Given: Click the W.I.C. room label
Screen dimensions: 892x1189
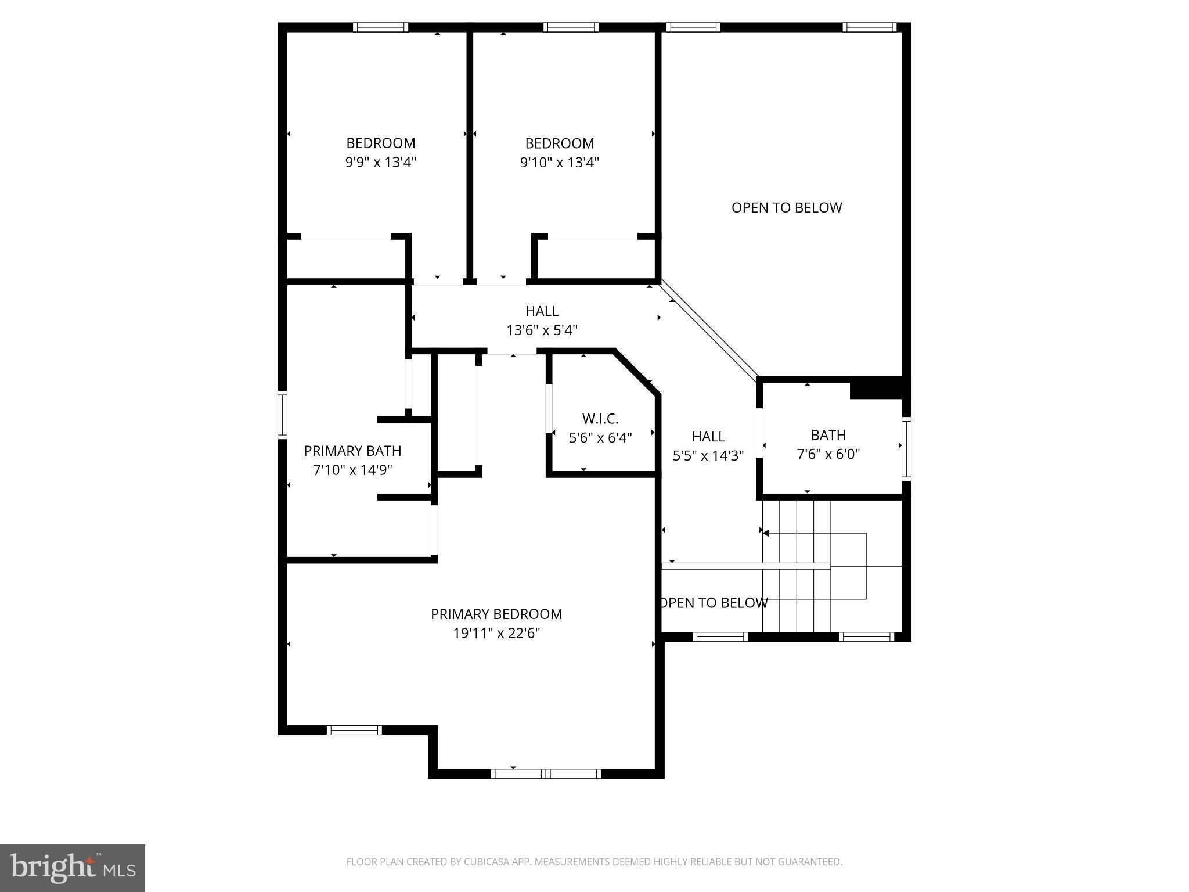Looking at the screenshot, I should tap(600, 419).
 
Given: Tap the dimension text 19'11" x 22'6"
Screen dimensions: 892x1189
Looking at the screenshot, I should tap(496, 633).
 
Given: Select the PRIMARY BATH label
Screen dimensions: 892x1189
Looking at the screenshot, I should tap(352, 451).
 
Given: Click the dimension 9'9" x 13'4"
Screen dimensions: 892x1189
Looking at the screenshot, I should tap(381, 162).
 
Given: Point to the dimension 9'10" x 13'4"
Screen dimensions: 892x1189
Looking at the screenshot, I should tap(559, 162).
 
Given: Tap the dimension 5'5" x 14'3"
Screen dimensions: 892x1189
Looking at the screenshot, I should tap(708, 456).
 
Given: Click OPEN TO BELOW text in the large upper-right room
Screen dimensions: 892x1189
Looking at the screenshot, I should tap(786, 208).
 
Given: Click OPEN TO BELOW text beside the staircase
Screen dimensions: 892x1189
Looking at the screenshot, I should tap(714, 603).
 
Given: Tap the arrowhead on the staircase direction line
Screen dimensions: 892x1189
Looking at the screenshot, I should tap(766, 533).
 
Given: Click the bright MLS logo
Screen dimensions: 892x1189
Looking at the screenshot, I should tap(73, 868).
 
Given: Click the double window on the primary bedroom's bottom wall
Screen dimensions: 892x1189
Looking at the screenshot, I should tap(546, 774).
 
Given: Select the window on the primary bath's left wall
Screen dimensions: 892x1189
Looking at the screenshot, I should tap(282, 415).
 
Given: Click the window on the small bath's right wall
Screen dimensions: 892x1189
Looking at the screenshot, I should tap(906, 448).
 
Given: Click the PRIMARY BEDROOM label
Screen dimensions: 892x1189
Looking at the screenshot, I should tap(496, 614).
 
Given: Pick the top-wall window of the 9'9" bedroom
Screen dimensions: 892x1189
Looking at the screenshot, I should tap(380, 27).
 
